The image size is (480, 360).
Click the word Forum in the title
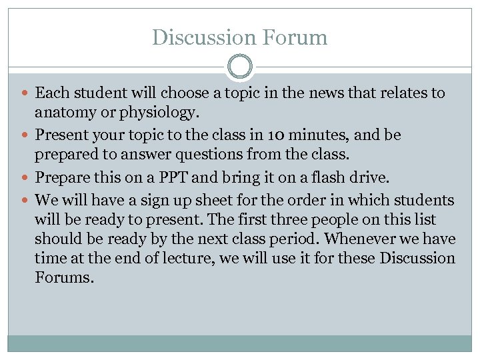click(293, 37)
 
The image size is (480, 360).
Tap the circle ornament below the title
click(239, 67)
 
